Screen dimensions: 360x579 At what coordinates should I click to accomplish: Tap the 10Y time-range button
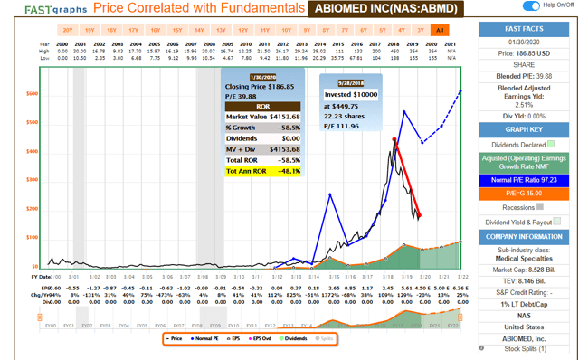(x=288, y=30)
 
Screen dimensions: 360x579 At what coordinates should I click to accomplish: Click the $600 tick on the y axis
(x=33, y=94)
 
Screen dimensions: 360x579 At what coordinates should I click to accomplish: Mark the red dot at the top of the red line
(x=394, y=139)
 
